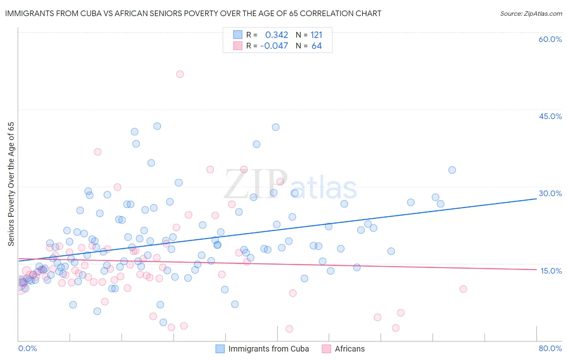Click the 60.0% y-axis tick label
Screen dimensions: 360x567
tap(550, 39)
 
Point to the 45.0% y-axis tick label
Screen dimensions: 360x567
tap(550, 116)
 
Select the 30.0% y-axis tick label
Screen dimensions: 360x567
tap(550, 193)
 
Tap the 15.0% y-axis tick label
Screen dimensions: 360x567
tap(551, 270)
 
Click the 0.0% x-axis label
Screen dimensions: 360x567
tap(27, 348)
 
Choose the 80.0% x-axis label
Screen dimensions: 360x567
tap(550, 348)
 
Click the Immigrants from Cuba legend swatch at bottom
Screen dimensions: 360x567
tap(220, 349)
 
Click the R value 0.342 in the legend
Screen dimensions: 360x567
tap(277, 35)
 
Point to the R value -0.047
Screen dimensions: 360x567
tap(274, 46)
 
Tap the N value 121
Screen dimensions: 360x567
tap(317, 35)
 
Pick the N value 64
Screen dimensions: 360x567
tap(317, 46)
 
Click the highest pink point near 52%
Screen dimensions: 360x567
tap(180, 74)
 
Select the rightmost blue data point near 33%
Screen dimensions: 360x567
tap(452, 170)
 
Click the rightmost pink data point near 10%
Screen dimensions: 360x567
tap(463, 289)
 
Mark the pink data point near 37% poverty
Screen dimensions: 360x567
tap(98, 152)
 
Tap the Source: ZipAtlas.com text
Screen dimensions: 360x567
tap(531, 14)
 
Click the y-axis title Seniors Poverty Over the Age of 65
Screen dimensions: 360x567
tap(11, 184)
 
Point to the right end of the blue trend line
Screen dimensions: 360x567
tap(536, 199)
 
